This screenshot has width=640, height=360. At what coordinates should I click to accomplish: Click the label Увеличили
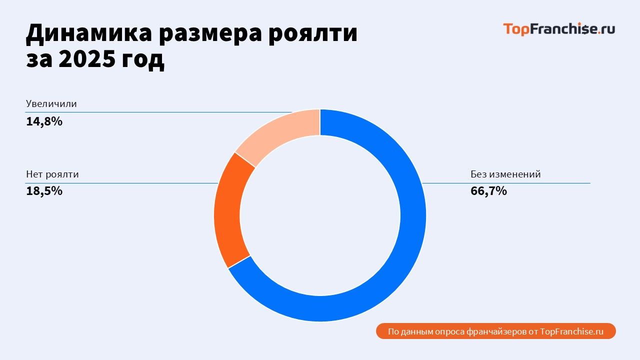[51, 104]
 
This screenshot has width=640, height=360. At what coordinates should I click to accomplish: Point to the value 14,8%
[44, 121]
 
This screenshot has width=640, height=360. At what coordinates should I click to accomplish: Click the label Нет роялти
[52, 174]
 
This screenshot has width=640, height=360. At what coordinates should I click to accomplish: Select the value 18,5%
[44, 190]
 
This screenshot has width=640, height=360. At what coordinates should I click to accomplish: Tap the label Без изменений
[505, 174]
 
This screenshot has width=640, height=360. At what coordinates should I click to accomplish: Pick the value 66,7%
[488, 190]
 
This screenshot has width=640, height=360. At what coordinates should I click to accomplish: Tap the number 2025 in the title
[86, 59]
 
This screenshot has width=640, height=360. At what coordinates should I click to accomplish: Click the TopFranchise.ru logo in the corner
[559, 29]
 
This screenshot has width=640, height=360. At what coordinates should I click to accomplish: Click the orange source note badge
[495, 331]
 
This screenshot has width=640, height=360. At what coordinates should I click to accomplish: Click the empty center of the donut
[320, 215]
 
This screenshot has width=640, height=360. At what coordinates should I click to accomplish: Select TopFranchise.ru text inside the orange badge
[572, 331]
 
